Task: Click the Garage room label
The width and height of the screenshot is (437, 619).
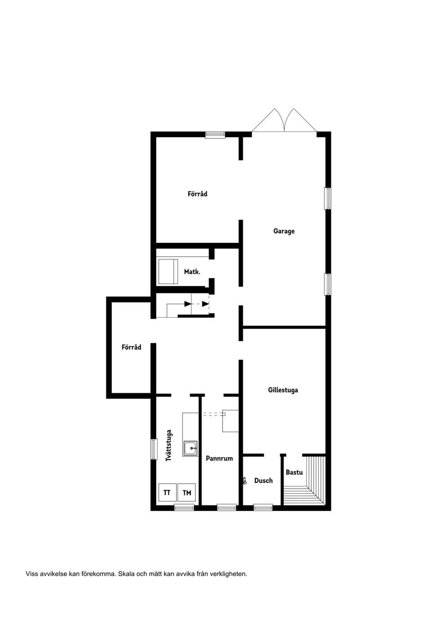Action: click(284, 231)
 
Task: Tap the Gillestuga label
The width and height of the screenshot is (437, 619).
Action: click(283, 390)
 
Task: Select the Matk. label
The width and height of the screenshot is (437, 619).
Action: click(192, 272)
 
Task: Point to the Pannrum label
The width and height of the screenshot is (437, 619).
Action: click(219, 459)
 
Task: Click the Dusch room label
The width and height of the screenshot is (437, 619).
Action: click(263, 480)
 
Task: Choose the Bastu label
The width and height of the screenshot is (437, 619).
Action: click(294, 472)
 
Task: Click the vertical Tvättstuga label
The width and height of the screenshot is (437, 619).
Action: click(169, 445)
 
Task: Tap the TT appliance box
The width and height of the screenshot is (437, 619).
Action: click(167, 493)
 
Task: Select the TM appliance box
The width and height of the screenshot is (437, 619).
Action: click(187, 493)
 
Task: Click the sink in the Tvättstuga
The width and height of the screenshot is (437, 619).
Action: click(190, 449)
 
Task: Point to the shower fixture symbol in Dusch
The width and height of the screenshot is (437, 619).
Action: click(245, 480)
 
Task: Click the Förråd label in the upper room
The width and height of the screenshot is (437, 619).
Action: click(197, 194)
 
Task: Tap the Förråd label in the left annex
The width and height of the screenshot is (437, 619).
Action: click(131, 347)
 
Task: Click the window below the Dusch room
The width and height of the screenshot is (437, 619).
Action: click(263, 507)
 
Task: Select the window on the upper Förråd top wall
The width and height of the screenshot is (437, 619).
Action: click(215, 134)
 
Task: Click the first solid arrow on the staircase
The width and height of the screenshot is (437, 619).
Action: click(188, 304)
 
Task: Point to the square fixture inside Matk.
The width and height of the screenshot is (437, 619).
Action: click(168, 272)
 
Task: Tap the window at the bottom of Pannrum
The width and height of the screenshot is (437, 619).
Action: click(226, 507)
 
